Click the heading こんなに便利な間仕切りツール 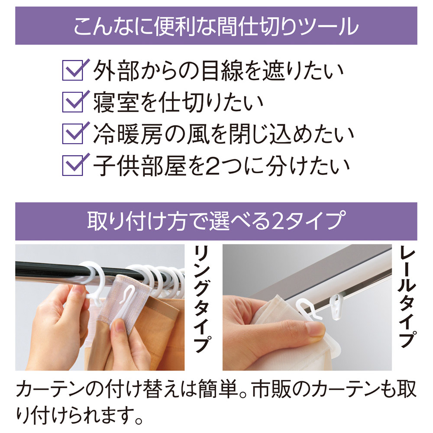tap(216, 26)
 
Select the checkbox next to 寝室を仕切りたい tap(72, 102)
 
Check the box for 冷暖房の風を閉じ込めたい tap(72, 133)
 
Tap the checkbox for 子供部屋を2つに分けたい tap(72, 165)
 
